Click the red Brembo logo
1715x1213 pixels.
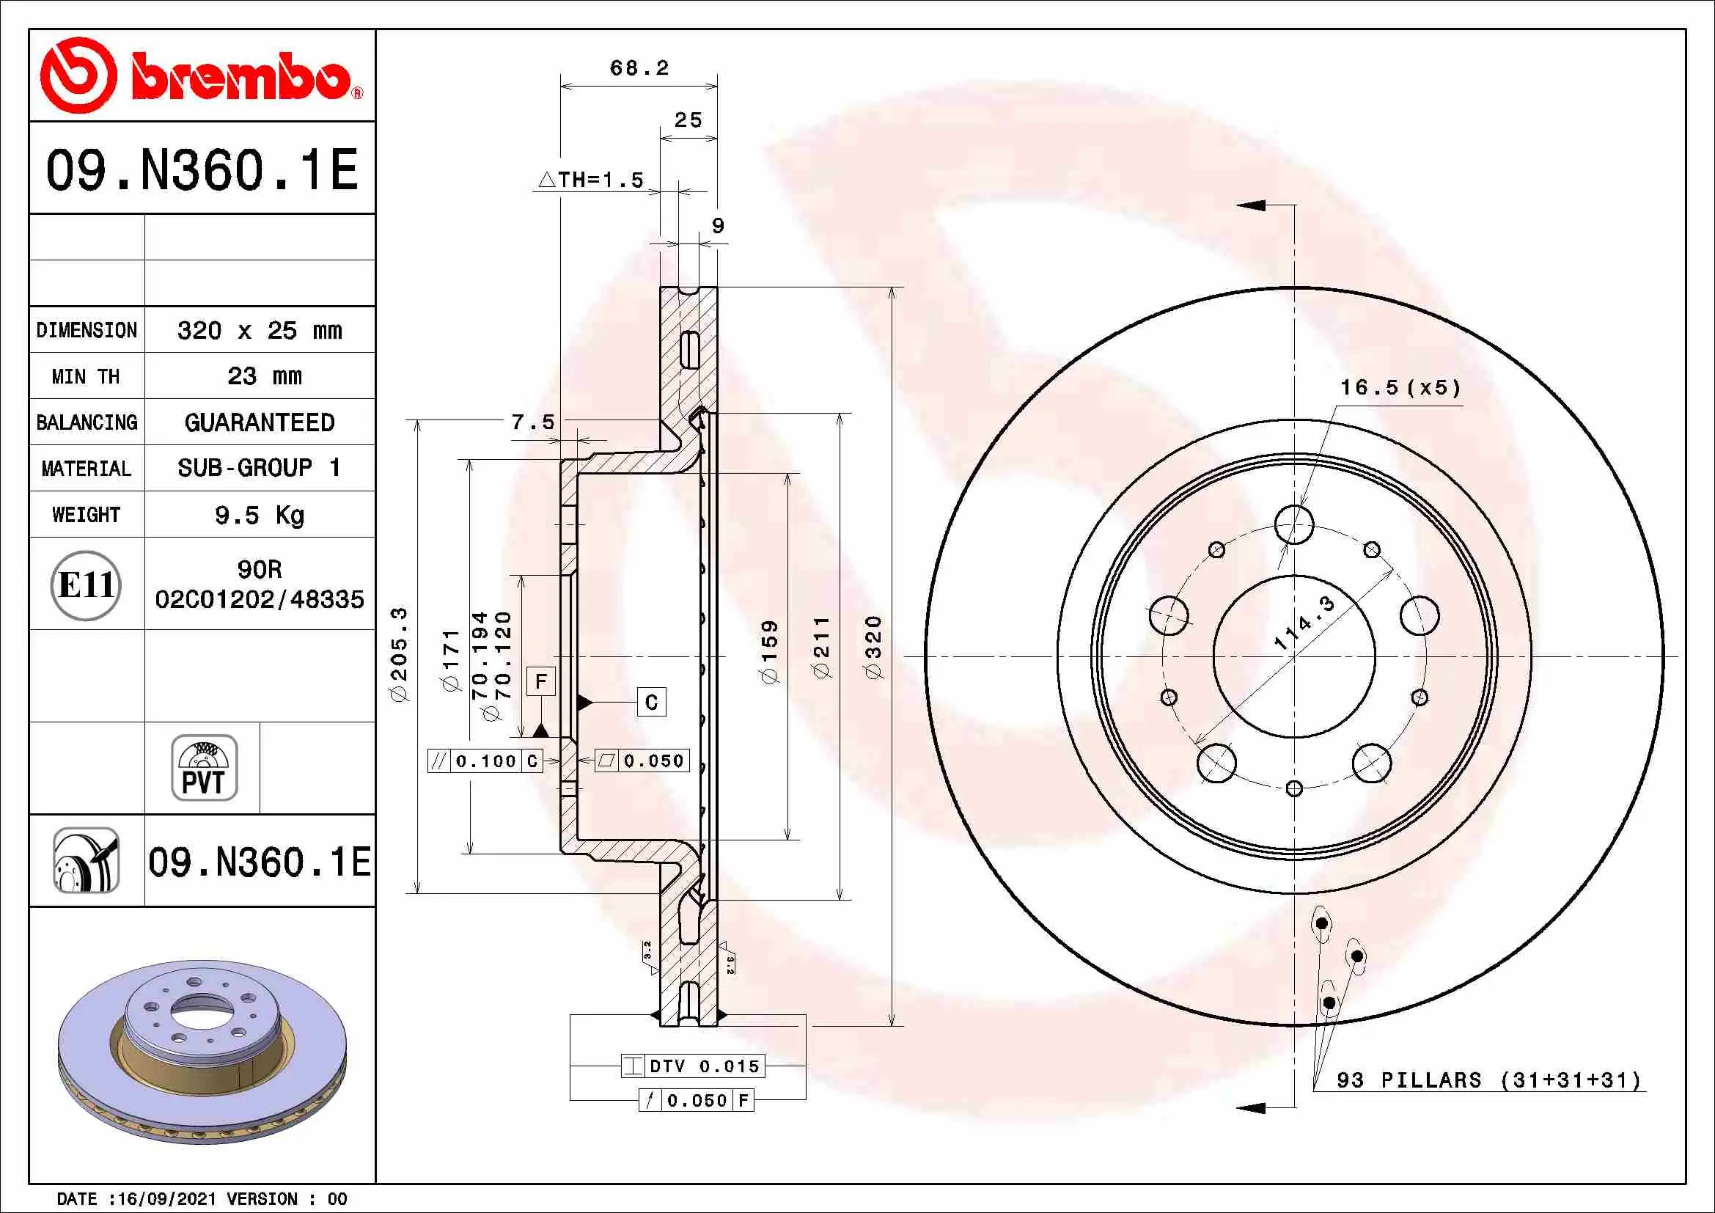tap(202, 76)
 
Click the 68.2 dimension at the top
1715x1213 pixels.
tap(639, 68)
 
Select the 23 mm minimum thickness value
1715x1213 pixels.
tap(265, 375)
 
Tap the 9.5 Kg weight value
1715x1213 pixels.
tap(259, 515)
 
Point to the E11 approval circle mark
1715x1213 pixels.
tap(86, 584)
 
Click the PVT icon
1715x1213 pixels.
tap(204, 768)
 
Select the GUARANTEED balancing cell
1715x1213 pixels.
tap(259, 422)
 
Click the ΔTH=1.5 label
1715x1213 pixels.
tap(590, 180)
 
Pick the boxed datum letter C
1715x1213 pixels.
tap(651, 702)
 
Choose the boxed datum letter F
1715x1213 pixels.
tap(541, 681)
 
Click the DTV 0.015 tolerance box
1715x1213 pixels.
tap(693, 1066)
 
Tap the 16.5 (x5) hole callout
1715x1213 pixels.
tap(1400, 387)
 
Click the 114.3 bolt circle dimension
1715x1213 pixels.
tap(1304, 623)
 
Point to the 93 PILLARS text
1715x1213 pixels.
tap(1408, 1080)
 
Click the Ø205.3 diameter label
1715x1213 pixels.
tap(400, 654)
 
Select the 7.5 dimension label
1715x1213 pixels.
tap(532, 422)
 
